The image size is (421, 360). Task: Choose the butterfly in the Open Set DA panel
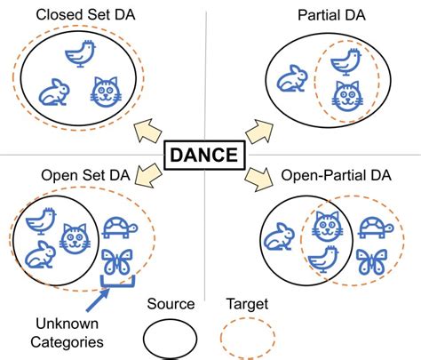[x=116, y=263]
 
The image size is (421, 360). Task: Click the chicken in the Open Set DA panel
[x=40, y=219]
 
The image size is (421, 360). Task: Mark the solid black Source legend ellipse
[x=171, y=339]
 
